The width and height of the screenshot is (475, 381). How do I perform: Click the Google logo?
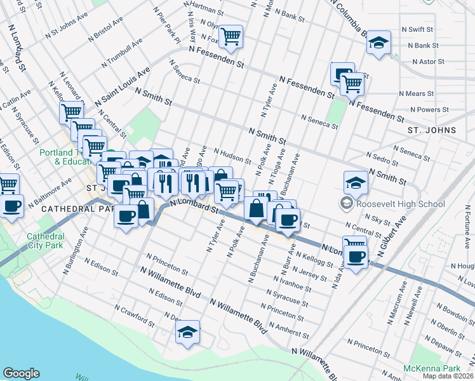[x=21, y=373]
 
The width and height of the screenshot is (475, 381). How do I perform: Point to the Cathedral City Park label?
[x=45, y=241]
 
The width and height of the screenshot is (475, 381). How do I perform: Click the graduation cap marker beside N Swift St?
[x=379, y=43]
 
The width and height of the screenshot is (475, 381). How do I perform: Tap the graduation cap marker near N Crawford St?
[x=187, y=331]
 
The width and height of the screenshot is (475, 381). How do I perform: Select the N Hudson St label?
[x=233, y=156]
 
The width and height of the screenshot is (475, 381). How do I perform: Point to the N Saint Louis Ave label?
[x=123, y=87]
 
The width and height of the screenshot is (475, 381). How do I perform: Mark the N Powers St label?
[x=430, y=109]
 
